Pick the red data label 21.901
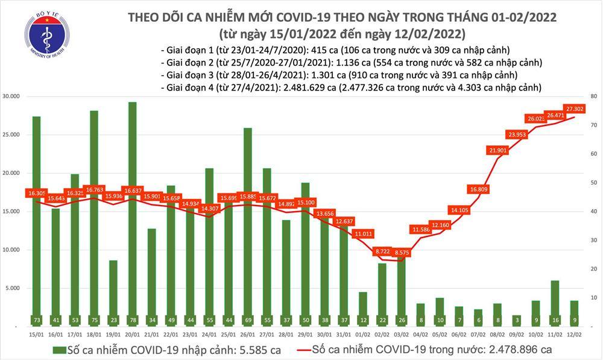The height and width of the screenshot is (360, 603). (x=498, y=150)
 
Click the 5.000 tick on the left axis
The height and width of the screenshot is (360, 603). (x=15, y=288)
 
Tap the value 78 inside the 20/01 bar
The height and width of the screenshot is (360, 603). (x=132, y=319)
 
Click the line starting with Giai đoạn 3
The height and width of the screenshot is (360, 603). (x=341, y=75)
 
